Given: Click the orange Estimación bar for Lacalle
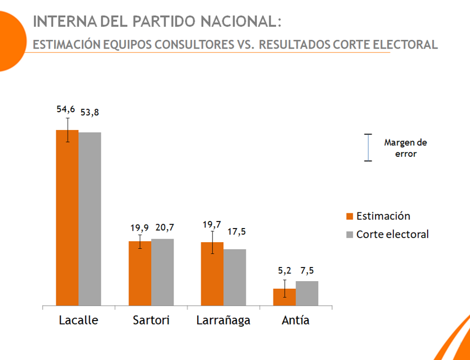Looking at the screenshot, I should click(67, 217).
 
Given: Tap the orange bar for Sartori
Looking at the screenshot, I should click(140, 273).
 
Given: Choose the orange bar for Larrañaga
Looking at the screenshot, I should click(212, 274).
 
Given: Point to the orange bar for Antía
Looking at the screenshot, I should click(285, 297).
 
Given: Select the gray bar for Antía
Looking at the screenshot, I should click(307, 293).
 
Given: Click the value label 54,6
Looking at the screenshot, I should click(66, 110).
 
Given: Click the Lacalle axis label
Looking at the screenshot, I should click(78, 321).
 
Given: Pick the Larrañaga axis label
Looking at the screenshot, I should click(223, 321).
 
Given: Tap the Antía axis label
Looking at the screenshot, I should click(296, 321).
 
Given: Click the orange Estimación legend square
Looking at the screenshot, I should click(349, 216).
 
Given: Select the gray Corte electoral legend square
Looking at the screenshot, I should click(349, 235).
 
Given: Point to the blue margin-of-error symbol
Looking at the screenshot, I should click(368, 148).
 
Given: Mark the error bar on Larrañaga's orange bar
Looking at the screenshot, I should click(213, 242).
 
